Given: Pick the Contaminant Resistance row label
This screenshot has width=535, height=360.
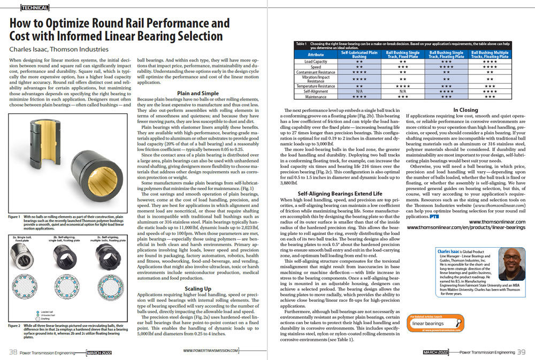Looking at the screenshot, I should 316,71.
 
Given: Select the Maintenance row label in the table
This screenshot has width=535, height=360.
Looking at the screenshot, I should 316,97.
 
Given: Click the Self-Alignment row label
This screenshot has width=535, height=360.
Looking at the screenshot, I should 316,91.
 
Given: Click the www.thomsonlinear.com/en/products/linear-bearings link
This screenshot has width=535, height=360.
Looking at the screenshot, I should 465,227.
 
